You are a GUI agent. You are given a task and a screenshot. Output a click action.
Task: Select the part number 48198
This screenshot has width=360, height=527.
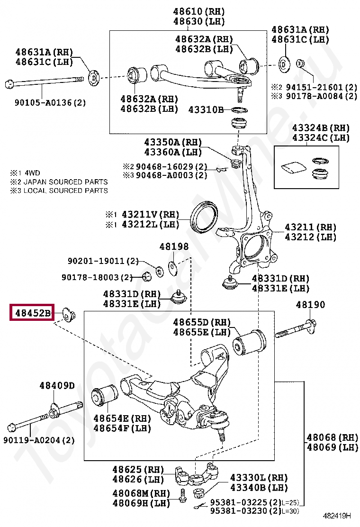tap(174, 246)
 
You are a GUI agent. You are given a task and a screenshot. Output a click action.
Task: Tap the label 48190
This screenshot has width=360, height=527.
tap(311, 305)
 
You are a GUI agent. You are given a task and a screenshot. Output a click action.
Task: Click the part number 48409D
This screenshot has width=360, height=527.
tap(57, 386)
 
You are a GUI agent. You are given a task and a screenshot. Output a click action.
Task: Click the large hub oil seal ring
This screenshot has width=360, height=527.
tap(204, 218)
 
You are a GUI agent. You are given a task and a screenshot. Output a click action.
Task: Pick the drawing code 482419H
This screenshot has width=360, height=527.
tap(337, 516)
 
